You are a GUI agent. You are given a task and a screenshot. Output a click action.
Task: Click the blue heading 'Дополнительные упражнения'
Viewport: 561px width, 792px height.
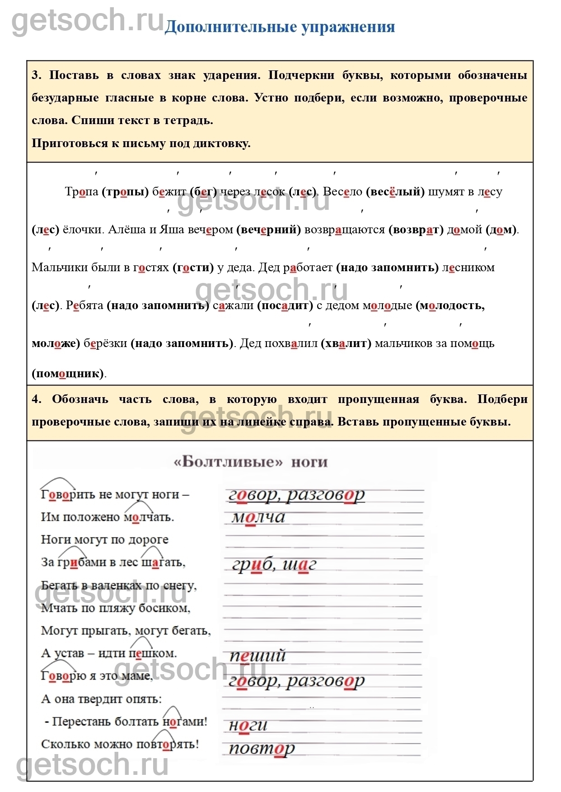tap(280, 27)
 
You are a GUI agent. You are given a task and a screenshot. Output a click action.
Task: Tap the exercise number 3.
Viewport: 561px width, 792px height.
tap(36, 75)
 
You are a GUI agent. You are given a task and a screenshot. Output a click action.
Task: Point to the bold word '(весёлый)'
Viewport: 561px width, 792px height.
tap(395, 192)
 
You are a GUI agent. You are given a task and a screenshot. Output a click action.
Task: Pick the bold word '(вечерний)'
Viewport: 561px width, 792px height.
tap(269, 230)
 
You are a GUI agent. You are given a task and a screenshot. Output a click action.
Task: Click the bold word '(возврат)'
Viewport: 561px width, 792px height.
tap(416, 230)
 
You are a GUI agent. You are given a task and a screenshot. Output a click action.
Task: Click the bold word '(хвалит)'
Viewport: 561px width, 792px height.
tap(346, 343)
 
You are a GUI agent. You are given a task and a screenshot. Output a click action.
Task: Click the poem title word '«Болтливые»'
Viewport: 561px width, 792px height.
tap(228, 462)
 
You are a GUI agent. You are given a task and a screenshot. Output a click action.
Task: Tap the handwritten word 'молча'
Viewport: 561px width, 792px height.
tap(258, 517)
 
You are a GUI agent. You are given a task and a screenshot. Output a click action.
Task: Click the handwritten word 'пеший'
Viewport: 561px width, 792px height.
tap(257, 655)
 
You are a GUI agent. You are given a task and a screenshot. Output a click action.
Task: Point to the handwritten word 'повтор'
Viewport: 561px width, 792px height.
tap(262, 748)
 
